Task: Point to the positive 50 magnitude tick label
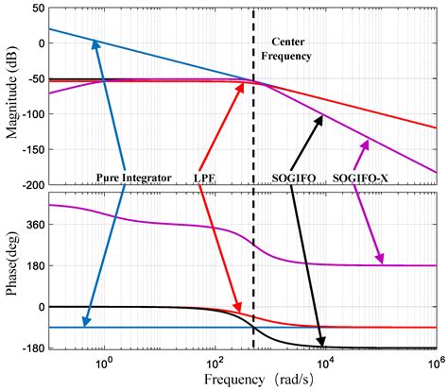click(x=34, y=8)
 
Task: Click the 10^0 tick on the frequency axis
click(x=104, y=361)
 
